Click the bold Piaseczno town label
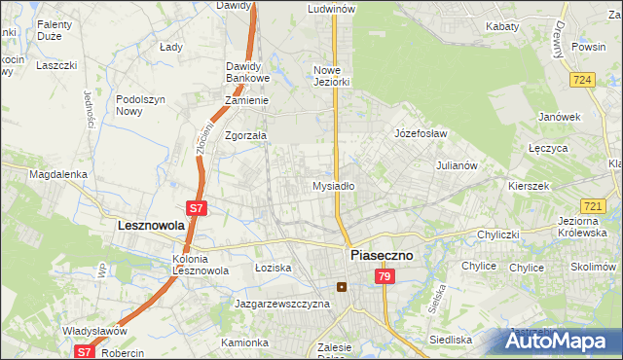(380, 255)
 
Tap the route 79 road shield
(385, 277)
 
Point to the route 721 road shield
(593, 206)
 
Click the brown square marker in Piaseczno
(341, 287)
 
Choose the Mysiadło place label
(333, 185)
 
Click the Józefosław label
(420, 133)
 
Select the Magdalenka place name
(58, 174)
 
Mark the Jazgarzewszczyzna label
(282, 304)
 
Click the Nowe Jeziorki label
(331, 76)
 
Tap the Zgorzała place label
(245, 136)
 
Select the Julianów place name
(457, 165)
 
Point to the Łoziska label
(273, 267)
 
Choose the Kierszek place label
(529, 185)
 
